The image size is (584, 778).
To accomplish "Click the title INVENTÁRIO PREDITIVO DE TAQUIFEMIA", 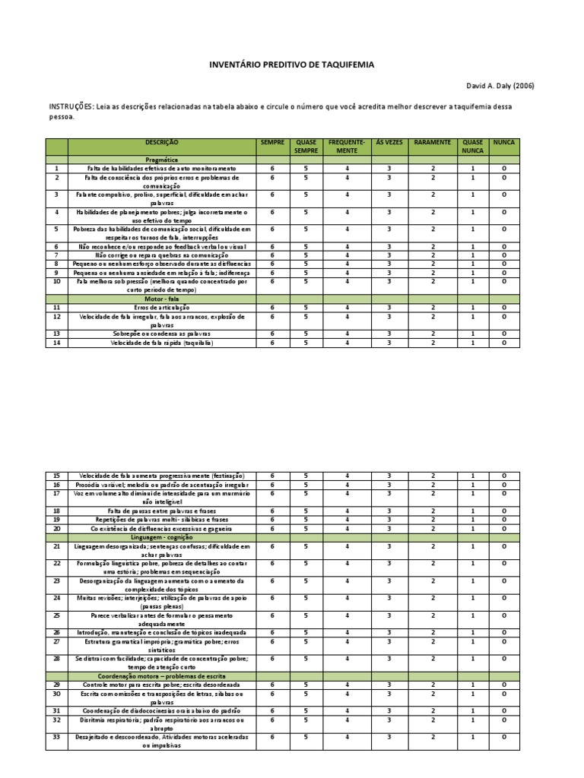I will pos(291,65).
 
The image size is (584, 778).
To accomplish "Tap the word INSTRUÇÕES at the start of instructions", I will pos(71,106).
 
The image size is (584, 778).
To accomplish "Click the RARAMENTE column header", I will pos(433,142).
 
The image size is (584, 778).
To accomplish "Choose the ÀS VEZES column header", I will pos(388,142).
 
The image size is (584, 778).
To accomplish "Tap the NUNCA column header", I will pos(503,142).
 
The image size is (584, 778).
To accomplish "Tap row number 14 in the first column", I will pos(56,343).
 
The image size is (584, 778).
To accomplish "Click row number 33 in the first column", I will pos(56,737).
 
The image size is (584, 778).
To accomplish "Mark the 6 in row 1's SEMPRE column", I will pos(272,167).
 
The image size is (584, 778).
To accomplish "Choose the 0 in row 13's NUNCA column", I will pos(503,334).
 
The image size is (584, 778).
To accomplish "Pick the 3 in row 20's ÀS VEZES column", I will pos(388,528).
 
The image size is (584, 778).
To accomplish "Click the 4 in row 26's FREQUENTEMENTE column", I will pos(347,632).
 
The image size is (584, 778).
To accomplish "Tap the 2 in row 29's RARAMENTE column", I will pos(433,685).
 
